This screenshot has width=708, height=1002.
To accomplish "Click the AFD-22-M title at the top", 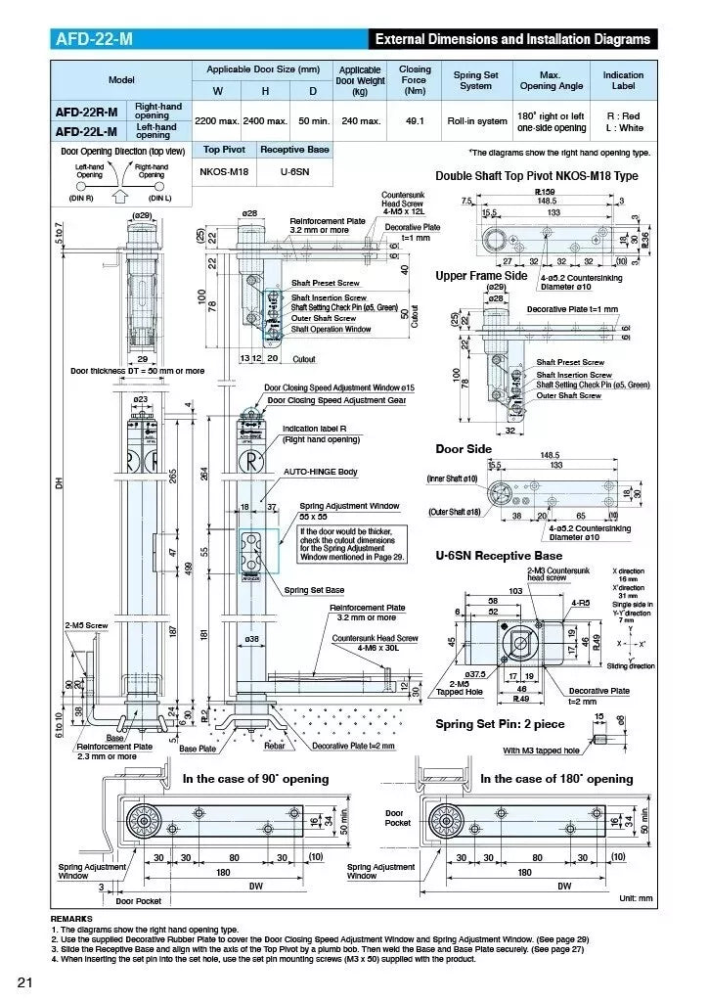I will tap(94, 40).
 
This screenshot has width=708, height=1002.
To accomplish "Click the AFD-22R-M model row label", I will tap(86, 112).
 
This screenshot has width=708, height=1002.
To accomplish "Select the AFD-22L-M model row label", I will tap(86, 130).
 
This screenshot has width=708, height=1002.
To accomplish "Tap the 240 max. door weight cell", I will tap(360, 121).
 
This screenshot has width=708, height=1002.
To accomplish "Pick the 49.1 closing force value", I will tap(415, 121).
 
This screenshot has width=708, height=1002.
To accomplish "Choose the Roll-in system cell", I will tap(476, 121).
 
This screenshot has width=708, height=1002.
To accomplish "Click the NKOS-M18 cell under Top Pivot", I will tap(225, 170).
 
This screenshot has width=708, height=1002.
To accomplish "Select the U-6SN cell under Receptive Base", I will tap(294, 170).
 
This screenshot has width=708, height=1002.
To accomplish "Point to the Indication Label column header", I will tap(623, 79).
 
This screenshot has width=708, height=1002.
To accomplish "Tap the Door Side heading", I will tap(464, 449).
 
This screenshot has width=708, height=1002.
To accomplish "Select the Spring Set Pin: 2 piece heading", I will tap(500, 724).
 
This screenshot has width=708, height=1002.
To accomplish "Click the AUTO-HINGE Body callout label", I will tap(321, 472).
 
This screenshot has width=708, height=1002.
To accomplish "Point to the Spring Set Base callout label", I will tap(314, 590).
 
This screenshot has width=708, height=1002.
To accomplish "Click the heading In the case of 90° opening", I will tap(256, 779).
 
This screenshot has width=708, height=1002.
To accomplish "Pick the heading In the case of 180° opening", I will tap(556, 779).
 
